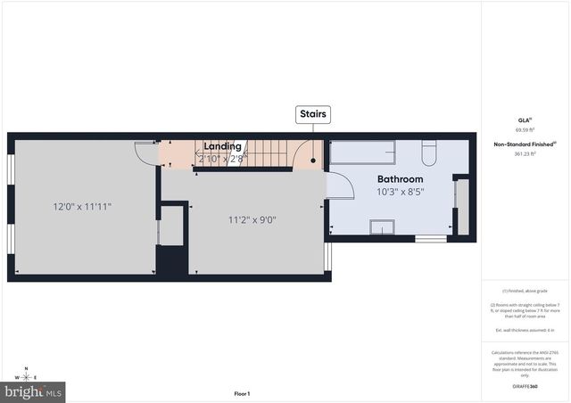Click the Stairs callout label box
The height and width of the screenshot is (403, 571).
pos(313,114)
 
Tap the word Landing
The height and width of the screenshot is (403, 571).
pos(222,146)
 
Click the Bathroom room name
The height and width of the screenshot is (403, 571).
pos(399,178)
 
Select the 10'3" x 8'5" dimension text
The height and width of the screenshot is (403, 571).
pos(399,191)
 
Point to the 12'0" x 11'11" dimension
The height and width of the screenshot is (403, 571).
pos(82,206)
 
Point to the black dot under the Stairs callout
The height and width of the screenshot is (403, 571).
pos(313,161)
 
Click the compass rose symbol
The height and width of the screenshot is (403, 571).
pos(27,378)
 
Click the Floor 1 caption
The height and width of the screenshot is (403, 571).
pos(242,393)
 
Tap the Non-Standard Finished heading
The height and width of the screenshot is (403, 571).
pos(525,144)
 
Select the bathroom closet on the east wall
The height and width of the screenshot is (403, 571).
pos(461,207)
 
